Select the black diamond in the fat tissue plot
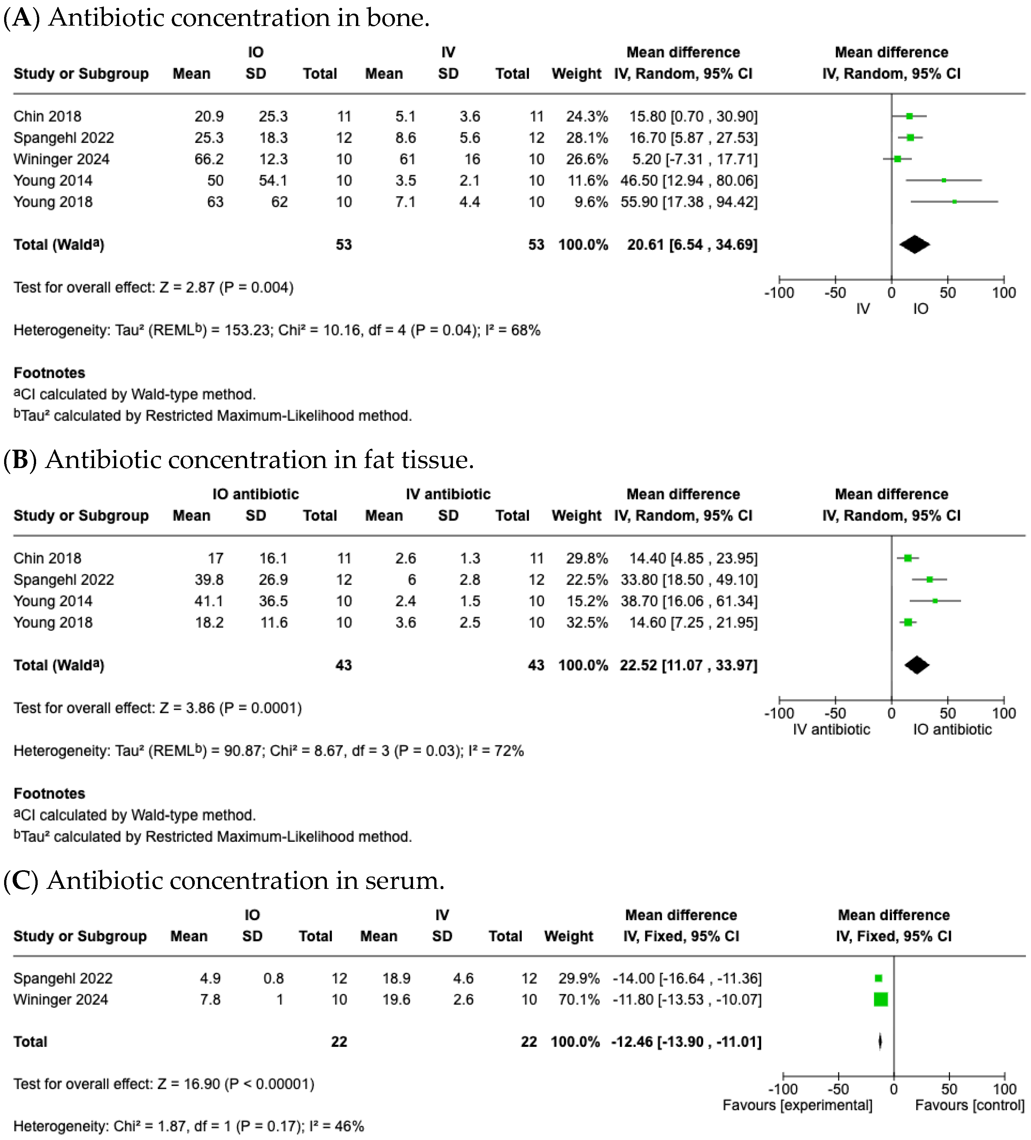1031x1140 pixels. pyautogui.click(x=917, y=665)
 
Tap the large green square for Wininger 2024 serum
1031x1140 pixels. pyautogui.click(x=881, y=999)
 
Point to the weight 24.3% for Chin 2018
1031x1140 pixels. pyautogui.click(x=587, y=117)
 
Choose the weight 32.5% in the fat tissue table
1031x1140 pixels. pyautogui.click(x=587, y=623)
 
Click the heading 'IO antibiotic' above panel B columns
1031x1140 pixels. pyautogui.click(x=256, y=494)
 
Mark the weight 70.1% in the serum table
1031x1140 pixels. pyautogui.click(x=579, y=999)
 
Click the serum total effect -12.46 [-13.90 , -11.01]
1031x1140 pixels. pyautogui.click(x=686, y=1042)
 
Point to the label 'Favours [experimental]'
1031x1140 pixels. pyautogui.click(x=798, y=1105)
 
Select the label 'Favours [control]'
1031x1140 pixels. pyautogui.click(x=969, y=1105)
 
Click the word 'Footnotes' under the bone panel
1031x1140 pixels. pyautogui.click(x=49, y=373)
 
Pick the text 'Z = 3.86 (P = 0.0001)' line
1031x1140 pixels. pyautogui.click(x=157, y=708)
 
